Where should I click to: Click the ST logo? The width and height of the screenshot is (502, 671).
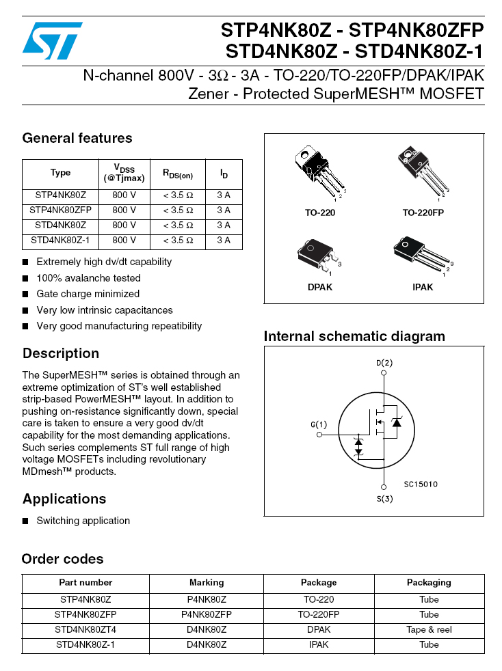(x=52, y=40)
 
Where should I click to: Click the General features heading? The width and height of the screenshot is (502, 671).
(x=77, y=138)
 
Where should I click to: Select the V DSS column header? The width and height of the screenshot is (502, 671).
(x=124, y=173)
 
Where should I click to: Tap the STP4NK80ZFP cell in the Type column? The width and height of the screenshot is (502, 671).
(x=60, y=210)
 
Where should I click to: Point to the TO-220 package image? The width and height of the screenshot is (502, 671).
(x=318, y=173)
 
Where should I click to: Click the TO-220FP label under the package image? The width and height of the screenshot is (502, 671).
(x=423, y=213)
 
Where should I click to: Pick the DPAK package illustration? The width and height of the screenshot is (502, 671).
(x=318, y=256)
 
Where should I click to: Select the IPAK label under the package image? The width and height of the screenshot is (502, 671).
(x=423, y=288)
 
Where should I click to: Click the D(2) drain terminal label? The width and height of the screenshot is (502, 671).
(x=384, y=363)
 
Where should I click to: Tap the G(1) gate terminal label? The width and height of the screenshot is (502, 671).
(x=319, y=424)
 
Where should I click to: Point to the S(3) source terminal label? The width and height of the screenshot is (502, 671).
(x=384, y=499)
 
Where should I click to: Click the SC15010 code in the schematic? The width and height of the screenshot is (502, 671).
(x=420, y=484)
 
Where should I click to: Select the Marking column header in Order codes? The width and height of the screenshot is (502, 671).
(x=207, y=583)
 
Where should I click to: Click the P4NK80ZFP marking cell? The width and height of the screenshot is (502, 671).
(x=207, y=615)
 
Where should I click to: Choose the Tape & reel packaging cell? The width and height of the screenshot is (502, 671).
(x=429, y=630)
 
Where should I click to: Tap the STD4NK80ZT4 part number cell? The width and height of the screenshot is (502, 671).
(x=85, y=630)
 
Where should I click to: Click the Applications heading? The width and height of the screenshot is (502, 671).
(x=64, y=499)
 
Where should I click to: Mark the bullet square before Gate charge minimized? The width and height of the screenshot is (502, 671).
(x=25, y=295)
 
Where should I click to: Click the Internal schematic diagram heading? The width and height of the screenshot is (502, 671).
(x=354, y=336)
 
